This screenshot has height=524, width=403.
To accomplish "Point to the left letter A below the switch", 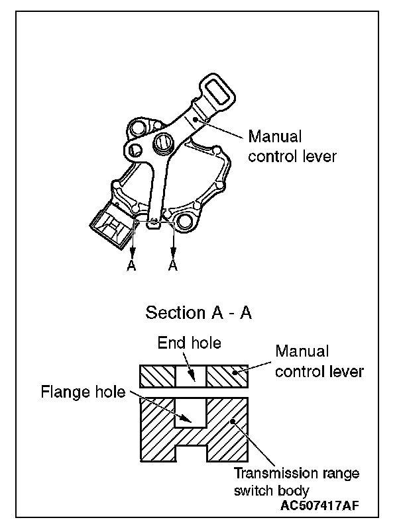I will (133, 265).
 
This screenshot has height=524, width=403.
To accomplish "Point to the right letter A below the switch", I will (174, 265).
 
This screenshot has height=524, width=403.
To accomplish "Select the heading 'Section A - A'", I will (198, 312).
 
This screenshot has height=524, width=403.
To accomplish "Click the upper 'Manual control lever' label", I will (292, 147).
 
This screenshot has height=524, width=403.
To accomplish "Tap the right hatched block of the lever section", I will (227, 376).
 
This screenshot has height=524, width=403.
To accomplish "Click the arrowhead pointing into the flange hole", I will (188, 419).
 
